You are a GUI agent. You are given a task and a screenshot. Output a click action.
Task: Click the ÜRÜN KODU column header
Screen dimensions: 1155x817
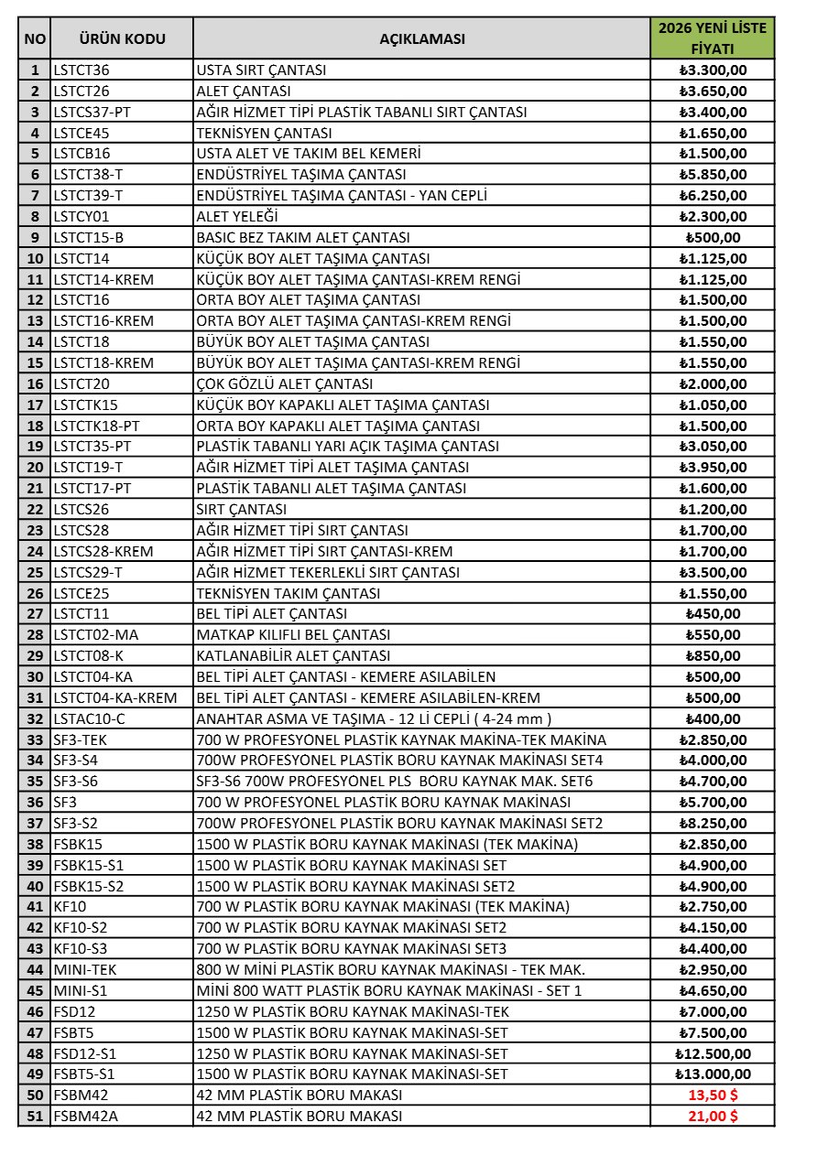click(x=122, y=38)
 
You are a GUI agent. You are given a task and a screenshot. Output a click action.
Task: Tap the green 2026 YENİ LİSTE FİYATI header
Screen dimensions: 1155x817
click(x=713, y=38)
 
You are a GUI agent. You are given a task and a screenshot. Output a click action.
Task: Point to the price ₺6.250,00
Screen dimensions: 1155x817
click(x=713, y=195)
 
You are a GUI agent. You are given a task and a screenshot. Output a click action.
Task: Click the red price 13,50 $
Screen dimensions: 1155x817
click(x=713, y=1095)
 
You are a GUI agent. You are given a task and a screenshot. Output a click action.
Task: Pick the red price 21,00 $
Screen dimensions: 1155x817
click(x=713, y=1116)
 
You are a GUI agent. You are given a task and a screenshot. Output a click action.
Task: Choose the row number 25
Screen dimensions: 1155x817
click(x=35, y=572)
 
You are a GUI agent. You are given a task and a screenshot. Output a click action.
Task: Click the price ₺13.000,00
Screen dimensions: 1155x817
click(x=713, y=1074)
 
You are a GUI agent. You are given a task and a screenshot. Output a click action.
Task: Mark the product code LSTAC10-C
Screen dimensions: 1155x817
click(x=89, y=718)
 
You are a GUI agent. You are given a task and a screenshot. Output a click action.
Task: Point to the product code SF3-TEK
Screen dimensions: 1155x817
click(x=81, y=739)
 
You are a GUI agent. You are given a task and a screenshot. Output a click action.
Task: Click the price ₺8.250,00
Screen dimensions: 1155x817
click(x=713, y=823)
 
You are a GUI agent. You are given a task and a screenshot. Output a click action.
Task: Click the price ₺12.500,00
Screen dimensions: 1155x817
click(x=713, y=1053)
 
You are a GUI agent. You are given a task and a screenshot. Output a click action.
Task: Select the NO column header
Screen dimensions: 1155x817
click(x=35, y=38)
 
